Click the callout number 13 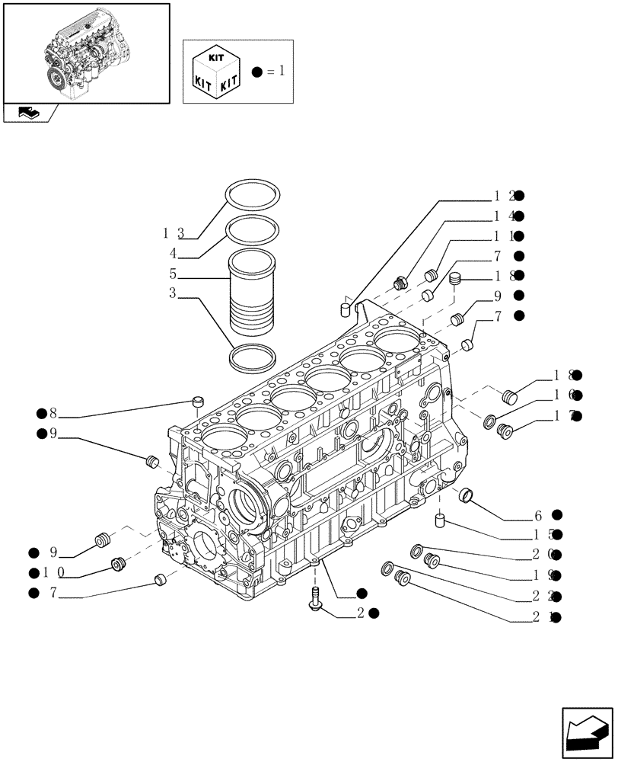[x=174, y=232]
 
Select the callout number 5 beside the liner [x=173, y=273]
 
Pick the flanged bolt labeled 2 [x=315, y=598]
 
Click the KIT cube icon [x=218, y=72]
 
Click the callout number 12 [x=505, y=196]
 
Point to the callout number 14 [x=505, y=216]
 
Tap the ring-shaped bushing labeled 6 [x=469, y=497]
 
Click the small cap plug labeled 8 [x=199, y=400]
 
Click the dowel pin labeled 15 [x=440, y=521]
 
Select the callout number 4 [x=173, y=253]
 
